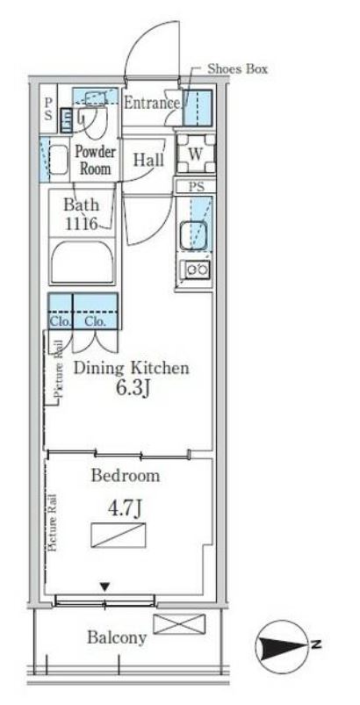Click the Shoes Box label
click(x=237, y=68)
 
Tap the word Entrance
click(x=152, y=103)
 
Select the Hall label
click(x=148, y=160)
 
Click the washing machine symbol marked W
click(x=196, y=154)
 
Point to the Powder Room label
click(x=96, y=160)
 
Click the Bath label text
click(x=82, y=205)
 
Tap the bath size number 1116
click(x=82, y=224)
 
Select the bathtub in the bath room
click(x=82, y=263)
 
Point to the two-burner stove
click(x=195, y=270)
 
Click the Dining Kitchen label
click(x=131, y=368)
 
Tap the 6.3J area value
click(x=133, y=388)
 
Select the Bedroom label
click(x=126, y=476)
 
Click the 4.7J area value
click(x=124, y=509)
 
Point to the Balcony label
click(x=117, y=637)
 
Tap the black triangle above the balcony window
click(x=105, y=586)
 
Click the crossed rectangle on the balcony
click(x=179, y=624)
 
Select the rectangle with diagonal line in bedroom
click(x=119, y=536)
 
